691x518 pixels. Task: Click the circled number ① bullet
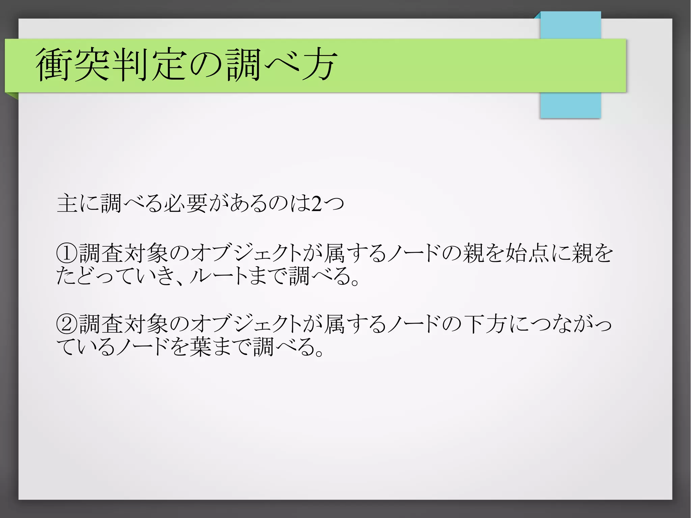pyautogui.click(x=67, y=253)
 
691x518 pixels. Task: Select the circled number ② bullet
pyautogui.click(x=67, y=324)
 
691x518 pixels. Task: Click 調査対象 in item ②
pyautogui.click(x=123, y=324)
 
